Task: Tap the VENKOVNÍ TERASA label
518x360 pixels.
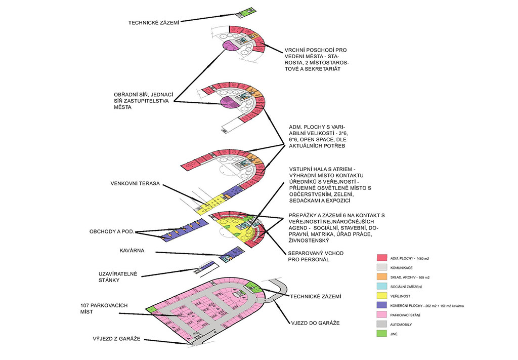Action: (x=134, y=184)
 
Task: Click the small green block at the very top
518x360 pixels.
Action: (x=246, y=12)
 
